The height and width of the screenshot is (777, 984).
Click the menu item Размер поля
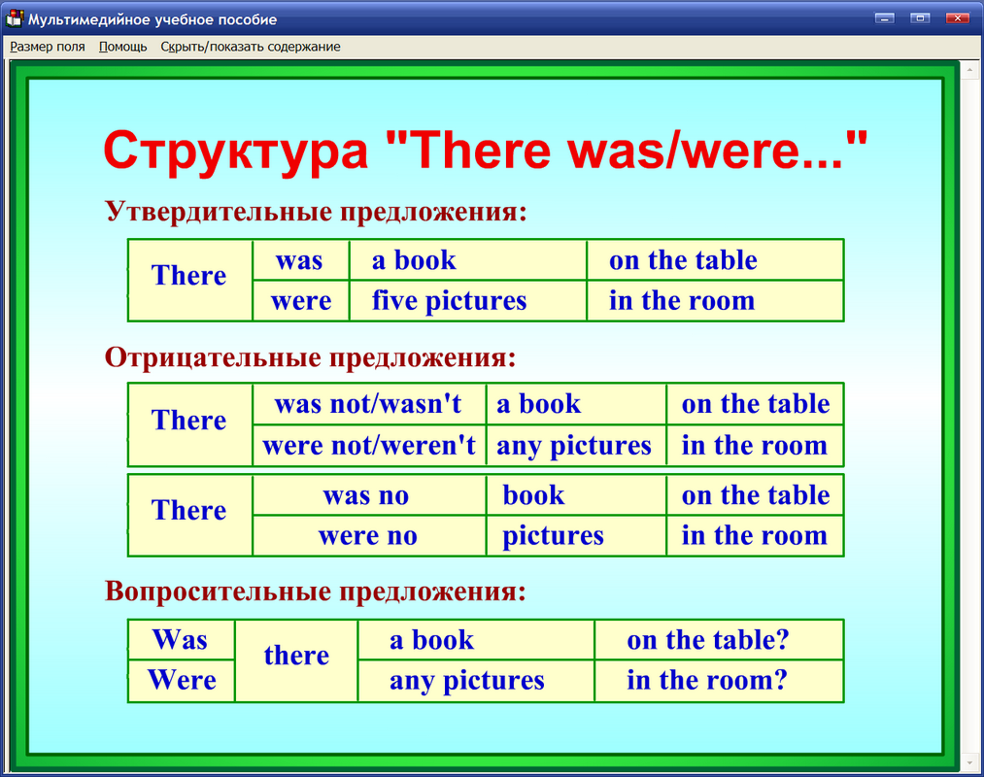coord(48,47)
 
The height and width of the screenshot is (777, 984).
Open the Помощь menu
coord(123,47)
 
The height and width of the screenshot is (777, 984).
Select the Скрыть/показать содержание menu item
coord(251,47)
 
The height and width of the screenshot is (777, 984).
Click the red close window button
coord(957,17)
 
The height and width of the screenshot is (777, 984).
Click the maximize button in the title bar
coord(920,17)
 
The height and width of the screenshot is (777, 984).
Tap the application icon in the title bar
coord(15,18)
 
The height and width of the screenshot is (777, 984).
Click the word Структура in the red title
coord(235,152)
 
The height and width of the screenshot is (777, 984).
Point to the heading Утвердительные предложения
coord(317,212)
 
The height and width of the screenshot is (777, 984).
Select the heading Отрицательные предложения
coord(310,357)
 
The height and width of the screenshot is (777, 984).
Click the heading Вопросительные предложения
coord(317,591)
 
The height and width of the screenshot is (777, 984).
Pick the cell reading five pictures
coord(449,301)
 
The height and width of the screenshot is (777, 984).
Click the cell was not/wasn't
coord(368,404)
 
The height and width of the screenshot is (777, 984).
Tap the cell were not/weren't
coord(369,446)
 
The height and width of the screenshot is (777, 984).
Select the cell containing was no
coord(366,495)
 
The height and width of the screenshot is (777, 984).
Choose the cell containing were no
coord(367,536)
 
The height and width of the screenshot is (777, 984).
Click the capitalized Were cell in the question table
coord(182,680)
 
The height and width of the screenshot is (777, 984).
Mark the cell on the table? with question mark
coord(708,640)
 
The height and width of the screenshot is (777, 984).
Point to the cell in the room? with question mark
coord(706,680)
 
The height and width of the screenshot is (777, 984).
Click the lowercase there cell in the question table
coord(296,656)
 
